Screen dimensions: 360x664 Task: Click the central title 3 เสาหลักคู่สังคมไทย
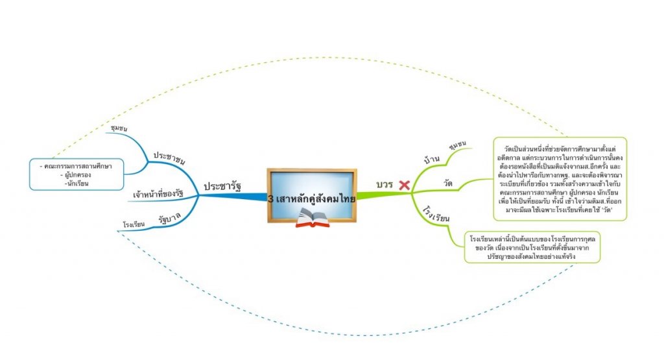click(x=311, y=198)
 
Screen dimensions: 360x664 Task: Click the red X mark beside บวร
click(x=404, y=186)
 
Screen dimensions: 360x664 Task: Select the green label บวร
click(x=385, y=185)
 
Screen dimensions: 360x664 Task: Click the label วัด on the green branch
click(x=447, y=184)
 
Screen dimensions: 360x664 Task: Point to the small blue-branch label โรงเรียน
click(x=134, y=225)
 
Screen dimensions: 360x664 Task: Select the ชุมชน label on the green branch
click(x=457, y=144)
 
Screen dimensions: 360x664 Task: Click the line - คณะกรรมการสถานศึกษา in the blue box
click(x=75, y=167)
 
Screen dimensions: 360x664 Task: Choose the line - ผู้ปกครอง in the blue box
click(x=75, y=175)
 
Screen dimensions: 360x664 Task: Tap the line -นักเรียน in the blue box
click(x=75, y=184)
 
